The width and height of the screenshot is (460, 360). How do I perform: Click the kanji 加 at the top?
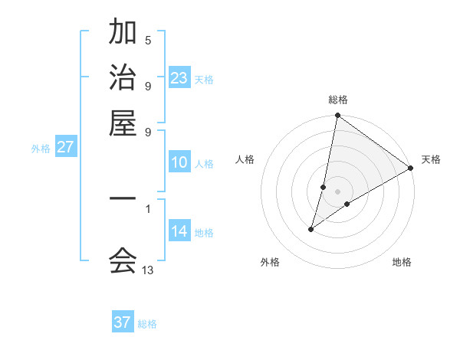coord(123,32)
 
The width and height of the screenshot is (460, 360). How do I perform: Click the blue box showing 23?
coord(179,78)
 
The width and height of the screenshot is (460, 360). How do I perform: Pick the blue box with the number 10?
coord(179,162)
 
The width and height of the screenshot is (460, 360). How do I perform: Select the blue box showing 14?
coord(179,231)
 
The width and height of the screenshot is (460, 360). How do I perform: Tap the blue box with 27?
coord(65,147)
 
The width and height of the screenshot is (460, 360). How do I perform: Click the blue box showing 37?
coord(123,322)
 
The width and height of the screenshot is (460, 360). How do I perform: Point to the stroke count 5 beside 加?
coord(148,41)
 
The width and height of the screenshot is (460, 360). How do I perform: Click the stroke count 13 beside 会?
coord(148,270)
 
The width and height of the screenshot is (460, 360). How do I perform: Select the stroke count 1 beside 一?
coord(148,208)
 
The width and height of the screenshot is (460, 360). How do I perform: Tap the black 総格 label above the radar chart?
coord(338,100)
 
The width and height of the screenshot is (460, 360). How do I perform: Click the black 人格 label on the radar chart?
coord(245,159)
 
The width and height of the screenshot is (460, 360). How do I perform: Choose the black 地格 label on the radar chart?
coord(402,263)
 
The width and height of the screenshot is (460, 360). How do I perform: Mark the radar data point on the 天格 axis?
coord(411,169)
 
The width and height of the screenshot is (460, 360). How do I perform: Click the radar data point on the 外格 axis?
coord(311,229)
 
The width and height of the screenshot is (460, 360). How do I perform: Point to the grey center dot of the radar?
coord(338,191)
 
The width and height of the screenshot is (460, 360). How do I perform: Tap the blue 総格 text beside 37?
coord(147,324)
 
